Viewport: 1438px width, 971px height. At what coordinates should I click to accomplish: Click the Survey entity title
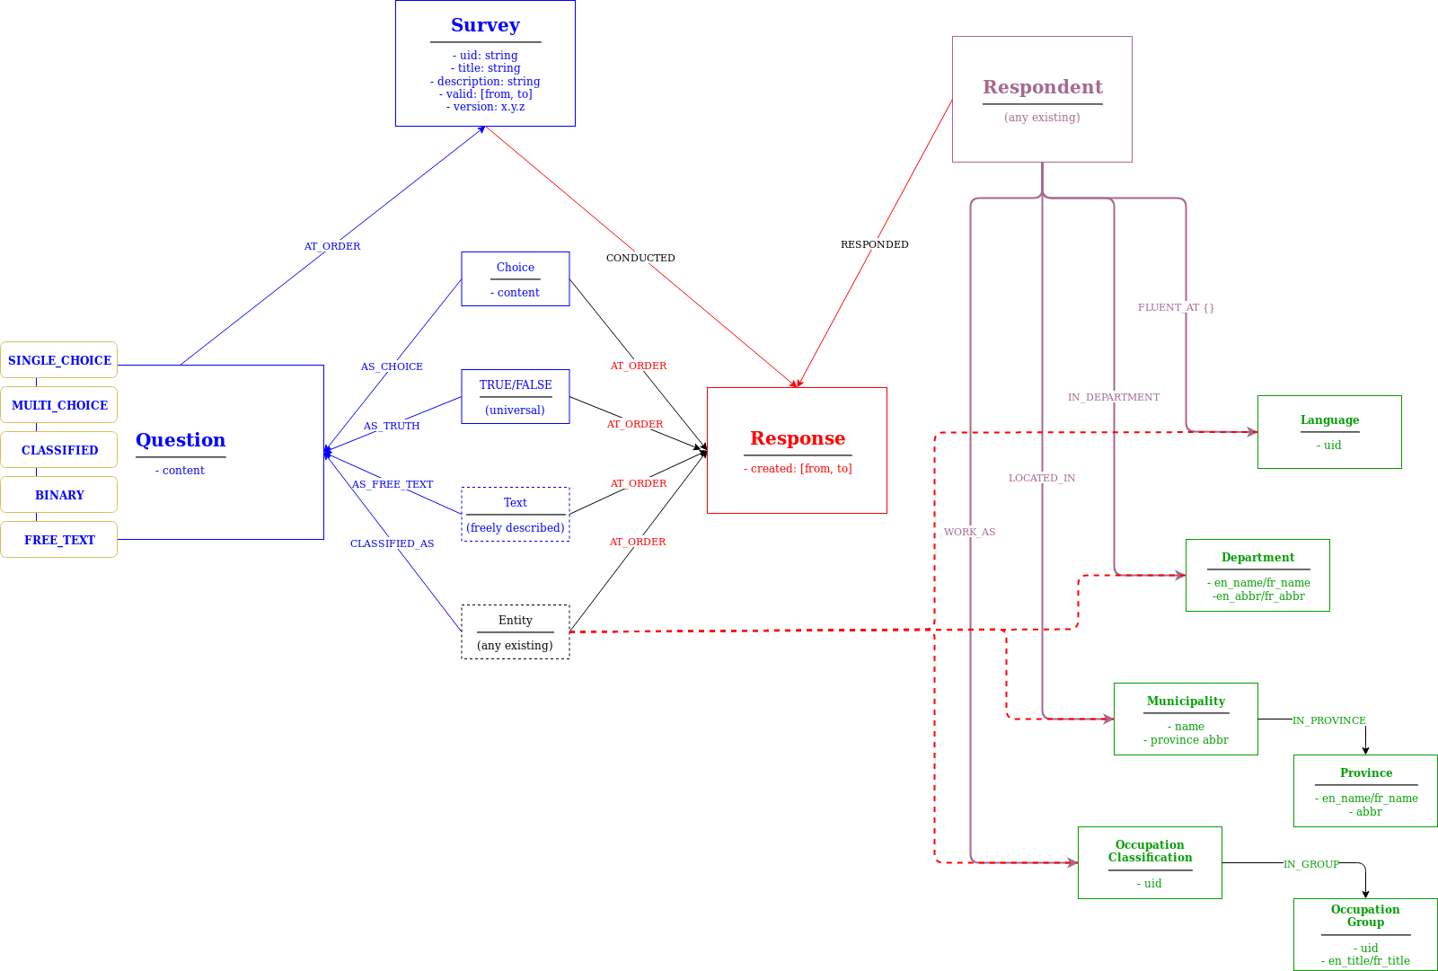(485, 25)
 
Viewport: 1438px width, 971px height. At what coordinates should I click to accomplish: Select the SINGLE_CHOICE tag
(59, 360)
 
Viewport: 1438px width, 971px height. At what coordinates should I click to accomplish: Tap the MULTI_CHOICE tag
(59, 405)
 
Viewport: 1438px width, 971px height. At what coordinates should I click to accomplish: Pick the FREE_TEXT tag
(59, 540)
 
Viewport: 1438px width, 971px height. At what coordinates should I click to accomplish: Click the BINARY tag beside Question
(59, 495)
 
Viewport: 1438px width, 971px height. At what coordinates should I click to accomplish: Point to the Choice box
(516, 279)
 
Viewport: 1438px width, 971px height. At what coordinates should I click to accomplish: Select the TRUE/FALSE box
(516, 397)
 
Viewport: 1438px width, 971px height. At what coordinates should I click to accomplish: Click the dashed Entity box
(516, 632)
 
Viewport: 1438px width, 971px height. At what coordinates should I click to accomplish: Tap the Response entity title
(798, 438)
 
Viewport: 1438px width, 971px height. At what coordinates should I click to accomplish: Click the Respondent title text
(1042, 87)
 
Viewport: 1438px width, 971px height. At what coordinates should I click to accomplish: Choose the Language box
(1329, 432)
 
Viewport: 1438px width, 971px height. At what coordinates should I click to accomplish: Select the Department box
(1257, 576)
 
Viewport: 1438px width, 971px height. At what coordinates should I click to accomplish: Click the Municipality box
(1186, 719)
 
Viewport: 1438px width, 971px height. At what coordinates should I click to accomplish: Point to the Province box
(1365, 791)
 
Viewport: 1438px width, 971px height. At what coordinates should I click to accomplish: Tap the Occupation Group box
(1365, 934)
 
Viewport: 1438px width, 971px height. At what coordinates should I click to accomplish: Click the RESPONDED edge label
(874, 244)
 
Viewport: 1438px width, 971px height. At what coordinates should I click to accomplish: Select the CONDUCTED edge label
(640, 258)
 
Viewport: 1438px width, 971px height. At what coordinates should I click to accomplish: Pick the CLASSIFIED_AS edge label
(393, 543)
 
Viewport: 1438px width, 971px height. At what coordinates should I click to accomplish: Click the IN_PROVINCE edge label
(1329, 720)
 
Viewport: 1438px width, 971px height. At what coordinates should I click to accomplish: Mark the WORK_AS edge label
(970, 532)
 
